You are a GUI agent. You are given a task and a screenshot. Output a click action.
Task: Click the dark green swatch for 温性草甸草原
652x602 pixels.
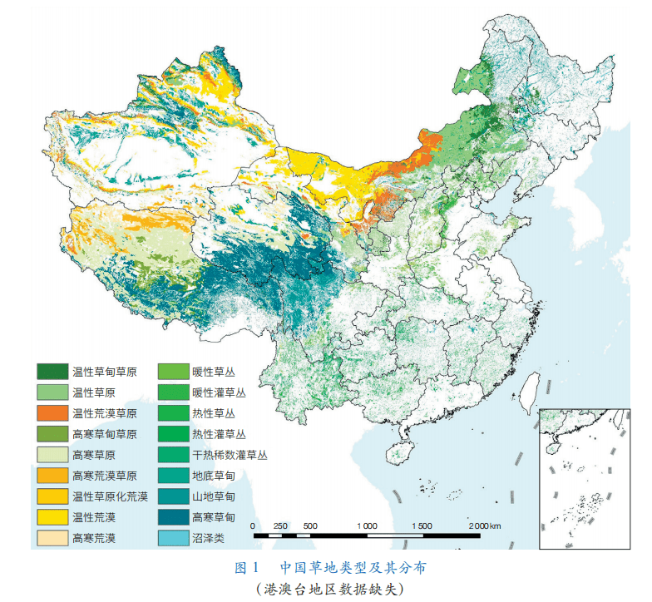click(x=51, y=370)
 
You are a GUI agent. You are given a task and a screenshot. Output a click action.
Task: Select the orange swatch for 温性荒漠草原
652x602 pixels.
click(x=51, y=412)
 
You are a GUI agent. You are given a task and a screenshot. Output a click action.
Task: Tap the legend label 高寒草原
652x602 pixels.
click(x=92, y=454)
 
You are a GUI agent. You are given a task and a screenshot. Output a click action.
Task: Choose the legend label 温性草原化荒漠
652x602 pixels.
click(x=110, y=496)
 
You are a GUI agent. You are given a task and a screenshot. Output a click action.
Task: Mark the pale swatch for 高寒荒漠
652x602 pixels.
click(x=51, y=538)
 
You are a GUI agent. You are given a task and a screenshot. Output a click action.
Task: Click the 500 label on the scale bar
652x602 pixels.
click(x=309, y=526)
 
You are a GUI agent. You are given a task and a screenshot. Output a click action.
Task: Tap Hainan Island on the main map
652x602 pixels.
click(x=402, y=451)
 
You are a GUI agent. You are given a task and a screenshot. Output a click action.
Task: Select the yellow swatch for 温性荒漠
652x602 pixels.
click(x=51, y=517)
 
